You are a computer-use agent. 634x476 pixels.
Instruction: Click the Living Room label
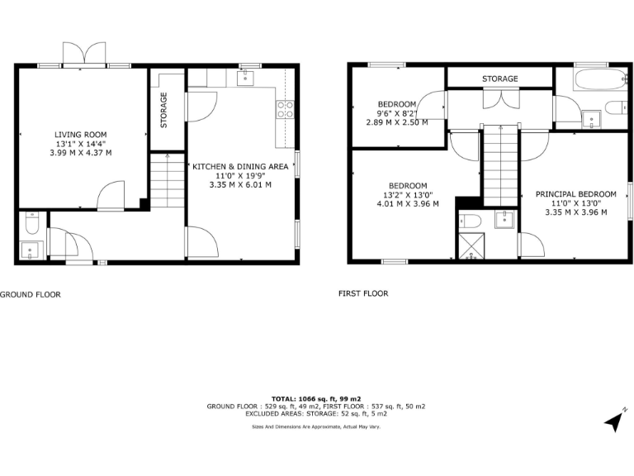81,135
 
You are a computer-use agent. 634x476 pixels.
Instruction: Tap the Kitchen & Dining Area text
240,166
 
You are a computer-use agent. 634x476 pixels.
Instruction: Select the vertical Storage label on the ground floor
163,109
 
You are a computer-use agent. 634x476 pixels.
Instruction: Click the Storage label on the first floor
500,79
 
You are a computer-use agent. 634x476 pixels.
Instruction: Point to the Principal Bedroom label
575,193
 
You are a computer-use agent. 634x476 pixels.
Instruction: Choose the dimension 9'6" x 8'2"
397,113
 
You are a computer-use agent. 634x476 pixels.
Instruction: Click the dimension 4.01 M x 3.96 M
408,203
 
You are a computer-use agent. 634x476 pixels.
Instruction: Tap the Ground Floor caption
30,294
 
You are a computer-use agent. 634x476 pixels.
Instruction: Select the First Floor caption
363,293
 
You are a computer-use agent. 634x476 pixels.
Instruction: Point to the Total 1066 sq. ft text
316,398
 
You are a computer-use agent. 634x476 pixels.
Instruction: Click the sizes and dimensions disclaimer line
316,426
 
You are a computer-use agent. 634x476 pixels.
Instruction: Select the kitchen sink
245,78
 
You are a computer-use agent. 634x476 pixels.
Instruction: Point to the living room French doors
85,54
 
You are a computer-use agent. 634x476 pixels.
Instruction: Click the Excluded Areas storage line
316,414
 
